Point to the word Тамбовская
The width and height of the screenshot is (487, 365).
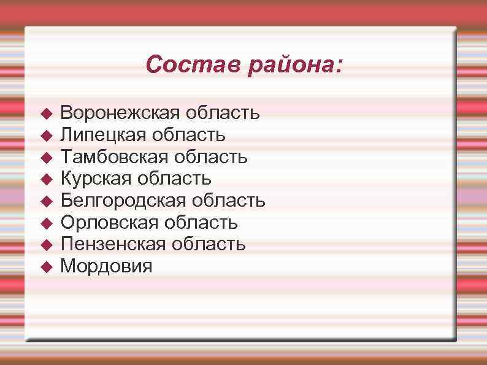point(114,157)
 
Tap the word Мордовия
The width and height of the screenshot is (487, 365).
point(107,266)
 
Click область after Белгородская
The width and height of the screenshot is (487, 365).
point(229,201)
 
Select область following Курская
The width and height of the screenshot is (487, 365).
point(175,179)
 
